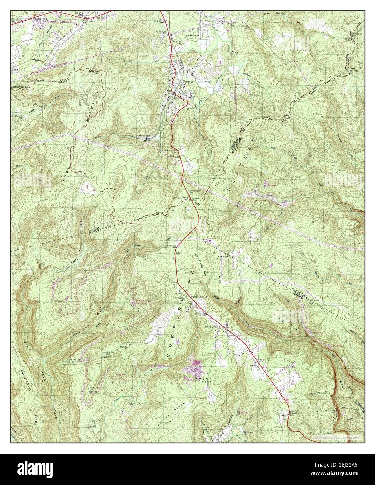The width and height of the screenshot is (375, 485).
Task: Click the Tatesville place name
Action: [192, 36]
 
